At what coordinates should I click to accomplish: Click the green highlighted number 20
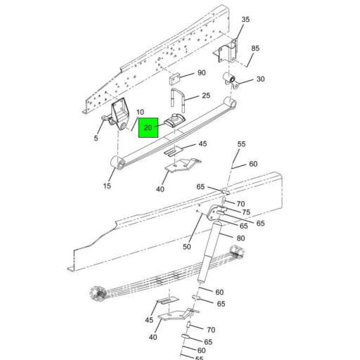pos(148,128)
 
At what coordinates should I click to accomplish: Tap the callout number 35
pos(245,20)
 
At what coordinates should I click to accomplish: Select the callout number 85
pos(255,49)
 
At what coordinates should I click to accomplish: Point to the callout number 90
pos(201,73)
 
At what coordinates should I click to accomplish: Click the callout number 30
pos(260,79)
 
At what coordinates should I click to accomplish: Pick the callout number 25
pos(206,96)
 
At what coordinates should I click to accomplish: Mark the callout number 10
pos(140,112)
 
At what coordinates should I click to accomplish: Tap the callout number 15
pos(107,186)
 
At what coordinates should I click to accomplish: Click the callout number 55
pos(241,144)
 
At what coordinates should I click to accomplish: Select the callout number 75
pos(246,212)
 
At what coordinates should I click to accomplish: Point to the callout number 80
pos(240,238)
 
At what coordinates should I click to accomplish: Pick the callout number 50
pos(187,247)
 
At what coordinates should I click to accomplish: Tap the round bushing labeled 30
pos(231,79)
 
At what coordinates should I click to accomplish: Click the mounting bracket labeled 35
pos(226,55)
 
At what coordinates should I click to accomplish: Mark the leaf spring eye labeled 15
pos(118,164)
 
